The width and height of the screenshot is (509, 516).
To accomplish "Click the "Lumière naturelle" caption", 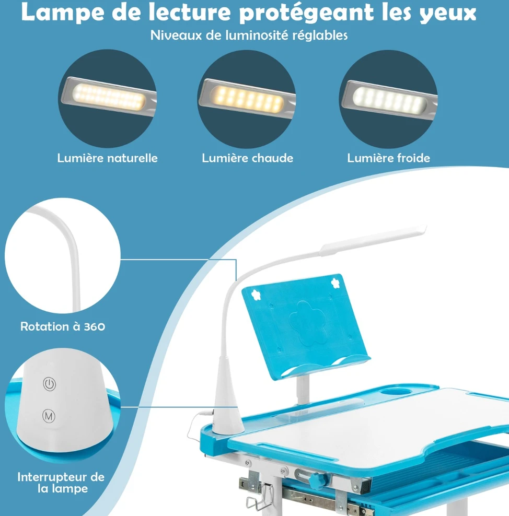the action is pyautogui.click(x=107, y=158).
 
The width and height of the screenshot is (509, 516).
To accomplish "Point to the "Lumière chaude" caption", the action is pyautogui.click(x=248, y=158).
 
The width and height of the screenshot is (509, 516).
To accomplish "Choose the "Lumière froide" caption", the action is pyautogui.click(x=388, y=158).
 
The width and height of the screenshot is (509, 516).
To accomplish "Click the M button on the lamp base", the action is pyautogui.click(x=49, y=416).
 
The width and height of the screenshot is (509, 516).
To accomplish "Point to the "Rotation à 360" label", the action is pyautogui.click(x=63, y=326).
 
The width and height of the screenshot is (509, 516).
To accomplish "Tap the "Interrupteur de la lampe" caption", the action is pyautogui.click(x=61, y=483).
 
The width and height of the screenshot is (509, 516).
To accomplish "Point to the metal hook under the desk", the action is pyautogui.click(x=260, y=497).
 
